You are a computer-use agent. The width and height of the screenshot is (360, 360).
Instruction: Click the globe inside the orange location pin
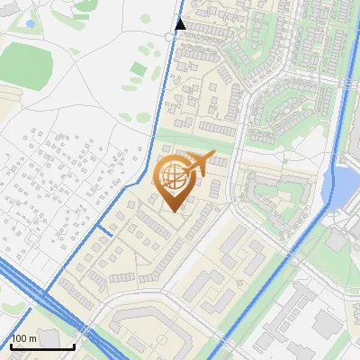[x=172, y=176]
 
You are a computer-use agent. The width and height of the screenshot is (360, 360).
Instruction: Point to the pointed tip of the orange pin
[x=172, y=212]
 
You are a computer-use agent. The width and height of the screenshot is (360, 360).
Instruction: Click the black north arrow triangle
[x=181, y=23]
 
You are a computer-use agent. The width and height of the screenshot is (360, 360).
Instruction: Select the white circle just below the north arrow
[x=171, y=36]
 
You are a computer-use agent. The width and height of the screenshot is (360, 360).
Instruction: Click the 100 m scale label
[x=23, y=338]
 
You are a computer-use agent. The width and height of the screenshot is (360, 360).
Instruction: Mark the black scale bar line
[x=42, y=346]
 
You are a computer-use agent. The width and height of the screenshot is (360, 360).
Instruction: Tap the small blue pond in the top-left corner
[x=30, y=23]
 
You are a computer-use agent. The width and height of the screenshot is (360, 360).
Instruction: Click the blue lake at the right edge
[x=343, y=184]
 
